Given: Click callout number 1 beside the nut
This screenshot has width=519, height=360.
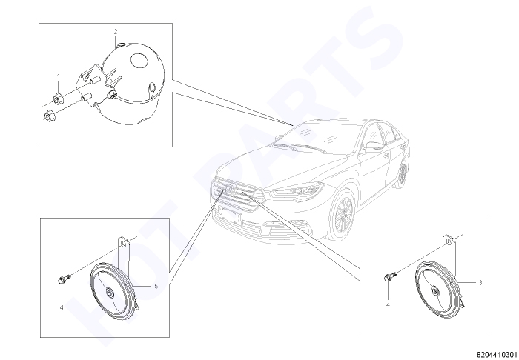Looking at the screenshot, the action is [59, 76].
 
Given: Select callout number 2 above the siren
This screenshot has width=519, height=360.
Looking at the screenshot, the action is [116, 32].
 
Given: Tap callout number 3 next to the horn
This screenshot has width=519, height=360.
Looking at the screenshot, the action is [480, 283].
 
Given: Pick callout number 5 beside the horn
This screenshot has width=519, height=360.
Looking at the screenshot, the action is [156, 286].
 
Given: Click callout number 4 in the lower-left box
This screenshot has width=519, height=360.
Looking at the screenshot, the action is [62, 307].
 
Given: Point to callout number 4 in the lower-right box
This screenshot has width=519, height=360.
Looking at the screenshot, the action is [388, 304].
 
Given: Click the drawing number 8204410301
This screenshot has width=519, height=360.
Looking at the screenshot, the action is [497, 355].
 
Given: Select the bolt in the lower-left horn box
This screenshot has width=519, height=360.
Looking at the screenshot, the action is [65, 279].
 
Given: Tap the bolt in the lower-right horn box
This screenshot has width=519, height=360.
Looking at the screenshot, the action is [390, 276].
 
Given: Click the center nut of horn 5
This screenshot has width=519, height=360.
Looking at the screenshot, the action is [109, 293].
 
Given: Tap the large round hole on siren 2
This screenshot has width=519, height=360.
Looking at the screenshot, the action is [139, 61].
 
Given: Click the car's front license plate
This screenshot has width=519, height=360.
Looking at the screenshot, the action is [229, 214].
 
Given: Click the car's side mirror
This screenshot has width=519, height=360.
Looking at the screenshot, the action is [373, 146].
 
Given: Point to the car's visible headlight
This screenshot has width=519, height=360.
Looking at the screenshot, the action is [296, 191].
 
